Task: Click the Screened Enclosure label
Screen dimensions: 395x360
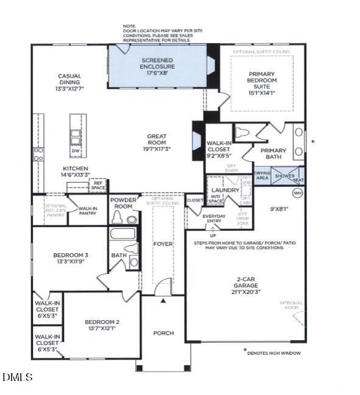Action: pyautogui.click(x=158, y=63)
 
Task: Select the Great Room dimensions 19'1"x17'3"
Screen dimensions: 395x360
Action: pyautogui.click(x=157, y=147)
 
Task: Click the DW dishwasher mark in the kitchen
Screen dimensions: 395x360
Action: pyautogui.click(x=76, y=150)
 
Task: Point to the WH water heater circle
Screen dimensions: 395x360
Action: pyautogui.click(x=298, y=194)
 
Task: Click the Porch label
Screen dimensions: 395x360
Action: pyautogui.click(x=163, y=333)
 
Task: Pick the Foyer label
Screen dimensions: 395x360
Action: pyautogui.click(x=163, y=244)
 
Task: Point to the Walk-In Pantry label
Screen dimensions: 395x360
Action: pyautogui.click(x=88, y=211)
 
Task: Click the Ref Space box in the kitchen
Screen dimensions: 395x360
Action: pyautogui.click(x=98, y=186)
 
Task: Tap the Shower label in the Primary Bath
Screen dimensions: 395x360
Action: pyautogui.click(x=284, y=176)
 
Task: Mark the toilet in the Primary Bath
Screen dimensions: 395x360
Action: pyautogui.click(x=243, y=132)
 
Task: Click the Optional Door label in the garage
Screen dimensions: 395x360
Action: pyautogui.click(x=291, y=306)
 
